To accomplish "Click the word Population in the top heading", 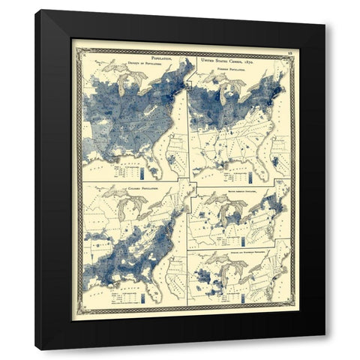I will coord(162,55).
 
